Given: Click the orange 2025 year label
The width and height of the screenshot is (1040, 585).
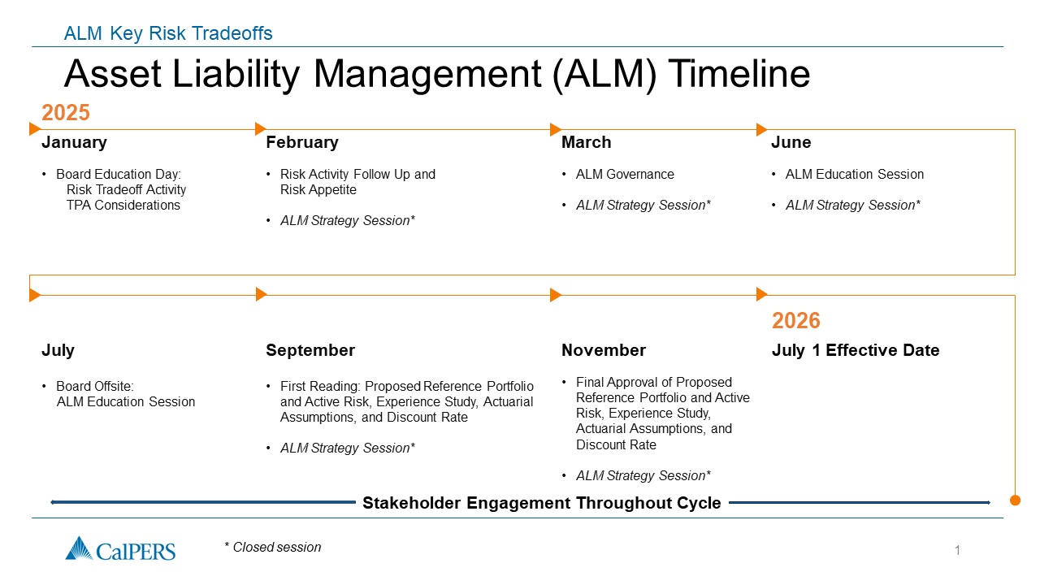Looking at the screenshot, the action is [66, 113].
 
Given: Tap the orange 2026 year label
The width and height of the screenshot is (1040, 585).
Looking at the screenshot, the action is [795, 321].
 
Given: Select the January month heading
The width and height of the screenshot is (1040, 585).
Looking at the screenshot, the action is [74, 142].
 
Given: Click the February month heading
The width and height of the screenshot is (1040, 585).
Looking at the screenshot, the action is [302, 142].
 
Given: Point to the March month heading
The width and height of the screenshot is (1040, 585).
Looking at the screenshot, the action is [587, 142].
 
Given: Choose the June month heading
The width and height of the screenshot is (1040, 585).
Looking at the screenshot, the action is [791, 142].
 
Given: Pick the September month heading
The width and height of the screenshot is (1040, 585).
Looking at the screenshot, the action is [310, 350].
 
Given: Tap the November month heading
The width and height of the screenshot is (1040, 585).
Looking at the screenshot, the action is [604, 350].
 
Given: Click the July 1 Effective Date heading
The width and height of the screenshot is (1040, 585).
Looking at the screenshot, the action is [856, 350].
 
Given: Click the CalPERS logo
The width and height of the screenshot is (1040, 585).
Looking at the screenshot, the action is [120, 549].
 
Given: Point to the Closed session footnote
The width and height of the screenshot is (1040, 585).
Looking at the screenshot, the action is [272, 548].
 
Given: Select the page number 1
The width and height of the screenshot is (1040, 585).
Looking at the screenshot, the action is [957, 551].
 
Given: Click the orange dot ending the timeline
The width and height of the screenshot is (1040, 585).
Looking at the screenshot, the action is [1015, 500].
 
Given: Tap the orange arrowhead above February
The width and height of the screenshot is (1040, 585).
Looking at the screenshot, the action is [261, 129].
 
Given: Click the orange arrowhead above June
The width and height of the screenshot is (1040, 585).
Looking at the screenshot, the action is [761, 129].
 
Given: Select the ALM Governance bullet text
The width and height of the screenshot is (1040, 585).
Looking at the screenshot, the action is [625, 175].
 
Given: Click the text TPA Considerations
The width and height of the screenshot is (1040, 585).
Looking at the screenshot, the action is [123, 206].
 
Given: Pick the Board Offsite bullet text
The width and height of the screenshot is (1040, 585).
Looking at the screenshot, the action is [125, 394].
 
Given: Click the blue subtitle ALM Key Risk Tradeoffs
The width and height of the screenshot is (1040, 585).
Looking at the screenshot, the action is [168, 33].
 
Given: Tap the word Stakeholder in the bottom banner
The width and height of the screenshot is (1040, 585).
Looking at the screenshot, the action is [411, 503].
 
